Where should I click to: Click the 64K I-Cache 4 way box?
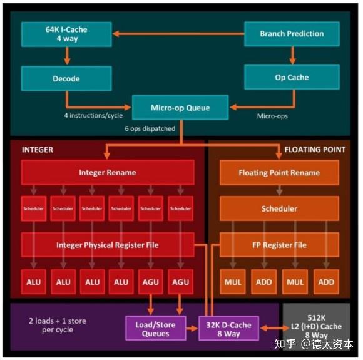pos(66,34)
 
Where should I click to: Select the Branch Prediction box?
pos(292,34)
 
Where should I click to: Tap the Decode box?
pos(66,78)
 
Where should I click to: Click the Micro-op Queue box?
pos(180,108)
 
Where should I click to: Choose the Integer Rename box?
pos(107,172)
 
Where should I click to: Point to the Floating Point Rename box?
pos(279,172)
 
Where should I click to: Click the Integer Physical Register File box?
pos(107,245)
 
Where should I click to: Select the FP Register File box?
pos(279,245)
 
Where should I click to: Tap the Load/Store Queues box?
pos(156,329)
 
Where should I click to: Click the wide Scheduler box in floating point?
pos(279,208)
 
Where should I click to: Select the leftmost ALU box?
pos(33,282)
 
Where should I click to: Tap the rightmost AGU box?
pos(181,282)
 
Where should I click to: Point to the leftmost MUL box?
pos(233,282)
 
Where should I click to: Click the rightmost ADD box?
pos(326,282)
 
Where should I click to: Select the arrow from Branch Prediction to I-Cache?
pos(178,34)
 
